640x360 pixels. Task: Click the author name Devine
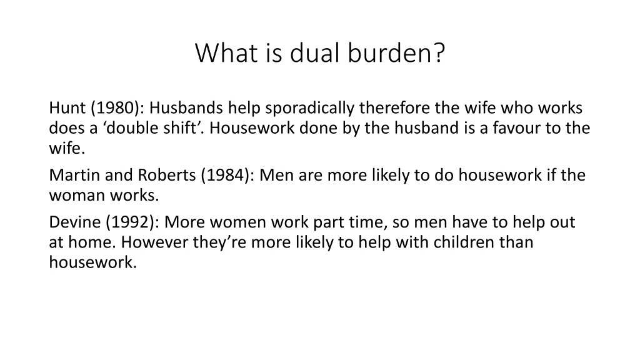74,222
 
